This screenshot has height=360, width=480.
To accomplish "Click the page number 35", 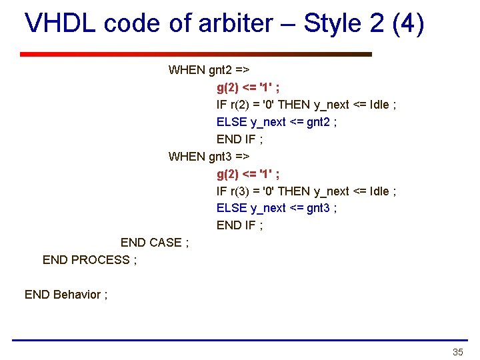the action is [x=457, y=352].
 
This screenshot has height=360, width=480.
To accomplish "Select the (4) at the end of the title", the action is [x=408, y=24].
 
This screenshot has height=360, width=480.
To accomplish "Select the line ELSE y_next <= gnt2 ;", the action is [x=277, y=122].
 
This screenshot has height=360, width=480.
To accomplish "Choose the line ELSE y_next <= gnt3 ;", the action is [x=277, y=208].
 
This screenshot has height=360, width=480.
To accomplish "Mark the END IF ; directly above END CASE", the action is [x=240, y=225].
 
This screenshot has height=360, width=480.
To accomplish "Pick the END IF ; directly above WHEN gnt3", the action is [x=240, y=139].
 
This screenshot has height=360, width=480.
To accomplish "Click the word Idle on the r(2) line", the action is [x=377, y=105].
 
